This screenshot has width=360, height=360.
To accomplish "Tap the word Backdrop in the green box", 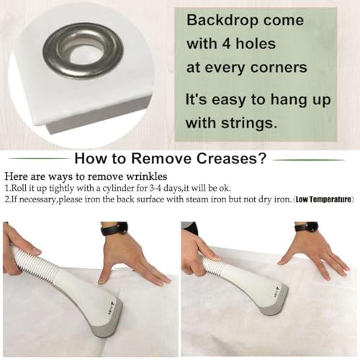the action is [x=222, y=20].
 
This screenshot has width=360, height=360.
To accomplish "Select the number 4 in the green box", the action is [x=225, y=44].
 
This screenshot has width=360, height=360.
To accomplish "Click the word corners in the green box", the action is [x=279, y=68].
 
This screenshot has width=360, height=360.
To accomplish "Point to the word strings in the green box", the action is [x=249, y=123].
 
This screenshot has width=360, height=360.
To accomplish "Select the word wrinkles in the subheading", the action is [x=147, y=176].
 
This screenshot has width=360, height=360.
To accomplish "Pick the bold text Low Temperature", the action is [x=323, y=199].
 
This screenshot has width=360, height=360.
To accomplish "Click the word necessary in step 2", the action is [x=37, y=199].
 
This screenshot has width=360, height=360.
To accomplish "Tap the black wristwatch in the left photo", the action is [x=114, y=229].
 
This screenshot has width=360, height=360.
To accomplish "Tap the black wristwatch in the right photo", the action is [x=307, y=226].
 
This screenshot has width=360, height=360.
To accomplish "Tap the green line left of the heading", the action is [x=39, y=158].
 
